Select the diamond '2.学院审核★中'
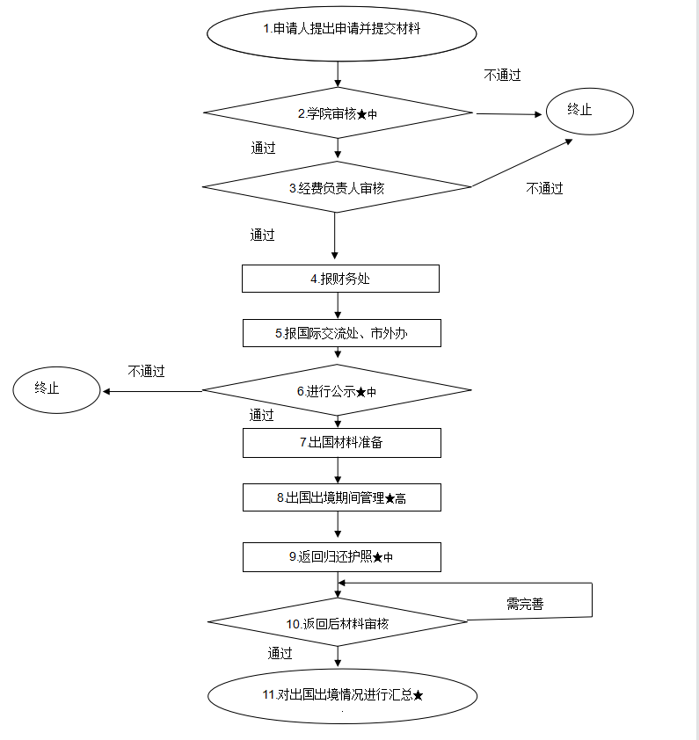pos(339,113)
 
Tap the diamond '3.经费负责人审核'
pos(337,187)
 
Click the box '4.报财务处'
pos(340,279)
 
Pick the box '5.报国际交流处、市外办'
pos(341,333)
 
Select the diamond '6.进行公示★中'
pos(337,390)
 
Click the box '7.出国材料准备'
pos(341,442)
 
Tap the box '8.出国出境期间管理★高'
pos(341,497)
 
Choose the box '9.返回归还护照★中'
pos(341,557)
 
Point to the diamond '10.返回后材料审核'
pos(338,623)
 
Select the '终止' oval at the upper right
pos(589,111)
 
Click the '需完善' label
pos(524,604)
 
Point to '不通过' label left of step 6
pos(146,371)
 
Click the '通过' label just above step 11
pos(280,653)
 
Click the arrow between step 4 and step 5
pos(338,305)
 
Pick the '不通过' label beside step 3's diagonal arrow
pos(544,188)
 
